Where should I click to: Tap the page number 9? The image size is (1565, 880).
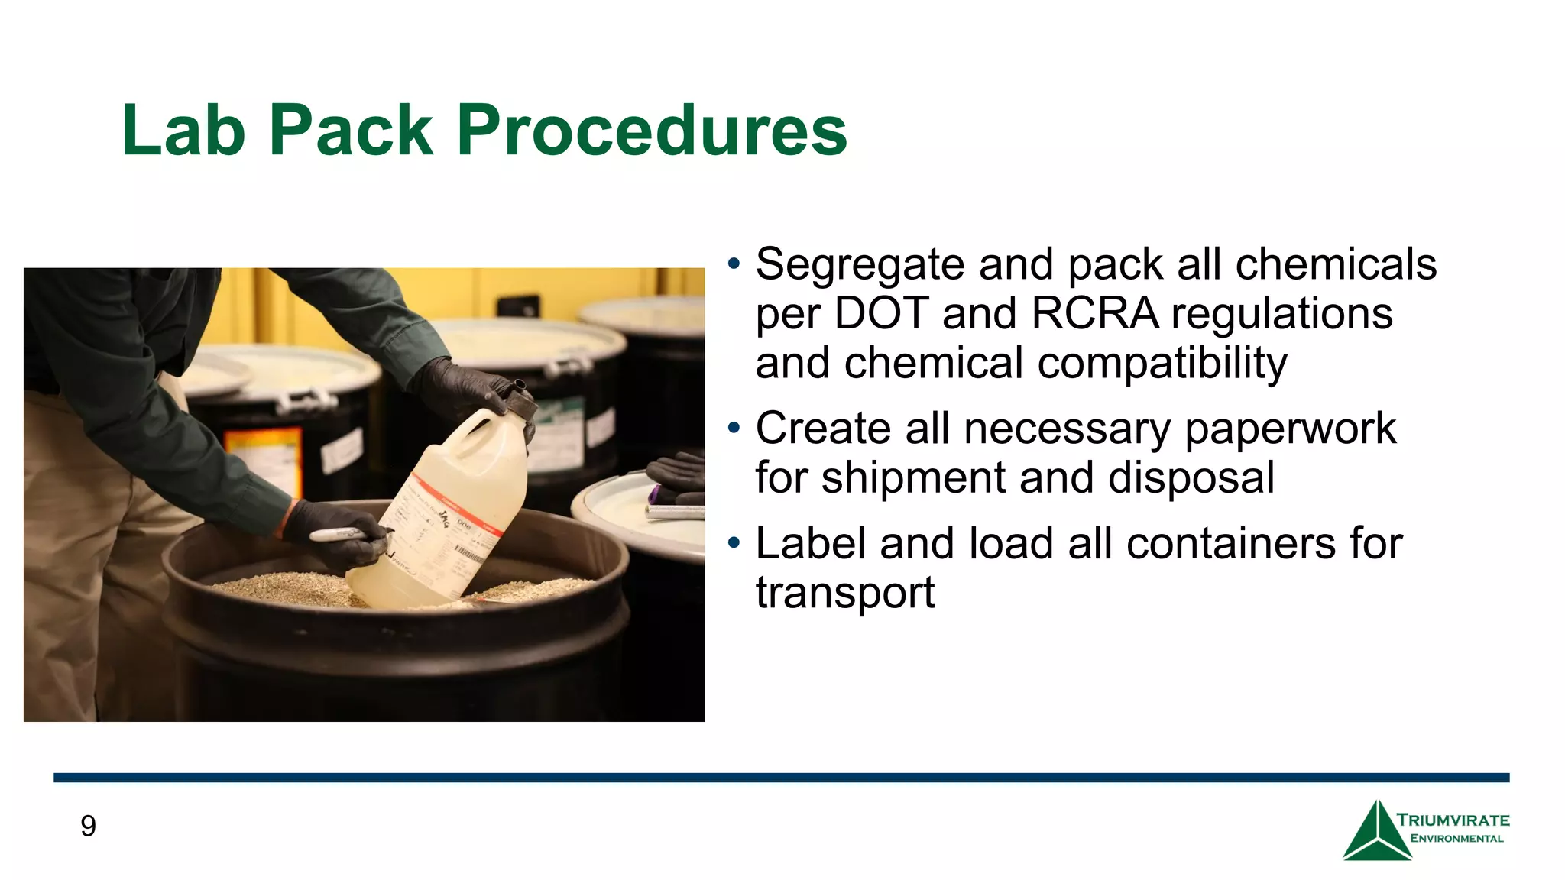click(88, 826)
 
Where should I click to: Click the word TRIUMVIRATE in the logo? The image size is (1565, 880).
click(1453, 820)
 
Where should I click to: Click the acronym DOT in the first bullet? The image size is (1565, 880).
click(881, 313)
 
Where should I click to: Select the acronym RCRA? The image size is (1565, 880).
click(1094, 313)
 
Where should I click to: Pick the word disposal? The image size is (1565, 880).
click(1191, 477)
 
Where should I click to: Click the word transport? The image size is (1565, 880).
click(845, 593)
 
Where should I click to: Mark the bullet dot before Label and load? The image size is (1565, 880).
click(734, 543)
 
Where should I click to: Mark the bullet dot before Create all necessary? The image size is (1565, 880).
click(734, 428)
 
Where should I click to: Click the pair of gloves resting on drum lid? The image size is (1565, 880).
click(677, 475)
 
